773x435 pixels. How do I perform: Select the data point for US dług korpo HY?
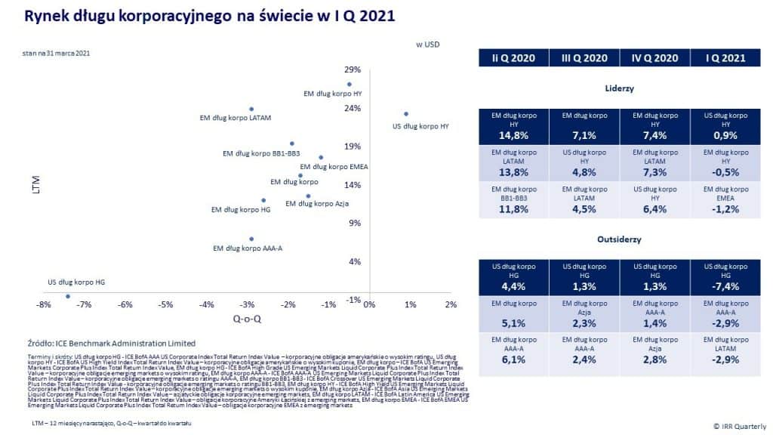406,114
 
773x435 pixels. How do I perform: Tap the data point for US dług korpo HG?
68,296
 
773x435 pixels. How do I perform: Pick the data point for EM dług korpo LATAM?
251,110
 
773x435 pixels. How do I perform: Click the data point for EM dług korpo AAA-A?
251,239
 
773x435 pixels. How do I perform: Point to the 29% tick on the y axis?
353,69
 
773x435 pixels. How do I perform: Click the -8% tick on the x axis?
43,305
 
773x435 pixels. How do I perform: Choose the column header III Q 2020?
584,58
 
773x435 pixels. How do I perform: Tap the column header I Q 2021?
725,58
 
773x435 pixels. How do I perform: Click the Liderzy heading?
619,88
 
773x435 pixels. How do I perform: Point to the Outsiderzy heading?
619,240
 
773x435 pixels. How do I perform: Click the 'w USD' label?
428,45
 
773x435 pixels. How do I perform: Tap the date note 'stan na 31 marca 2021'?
57,54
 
